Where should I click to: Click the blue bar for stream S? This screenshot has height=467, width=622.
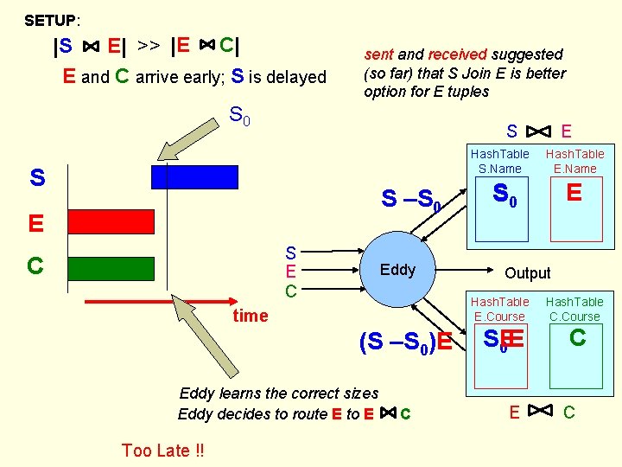194,176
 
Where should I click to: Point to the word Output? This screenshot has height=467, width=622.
527,273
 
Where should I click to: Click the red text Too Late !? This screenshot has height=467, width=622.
163,450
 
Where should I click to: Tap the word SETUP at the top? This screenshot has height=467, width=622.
50,19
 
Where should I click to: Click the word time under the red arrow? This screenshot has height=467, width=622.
251,316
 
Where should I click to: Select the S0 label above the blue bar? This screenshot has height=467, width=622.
239,115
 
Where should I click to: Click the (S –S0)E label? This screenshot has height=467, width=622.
405,342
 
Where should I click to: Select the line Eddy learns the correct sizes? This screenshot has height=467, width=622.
278,393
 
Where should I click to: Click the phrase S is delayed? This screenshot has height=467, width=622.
279,76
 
